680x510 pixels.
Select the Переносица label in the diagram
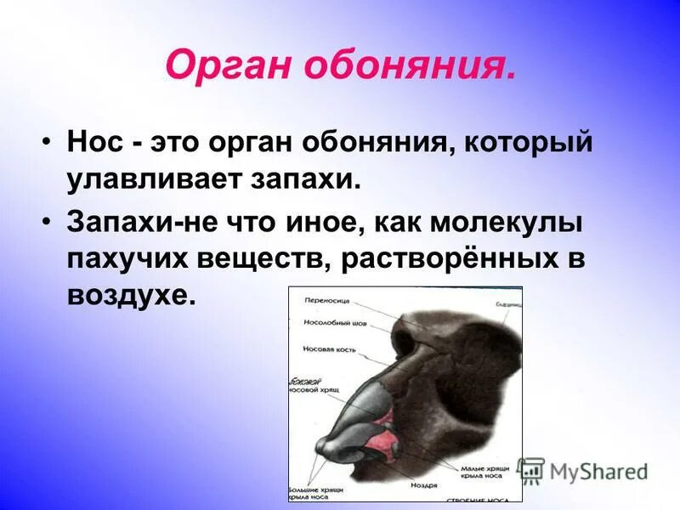326,301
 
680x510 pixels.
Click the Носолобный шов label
331,323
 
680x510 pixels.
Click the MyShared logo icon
530,471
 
